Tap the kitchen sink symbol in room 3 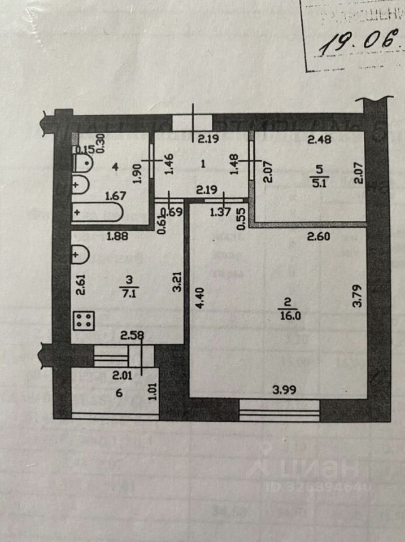pos(80,256)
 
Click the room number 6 pos(119,394)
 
